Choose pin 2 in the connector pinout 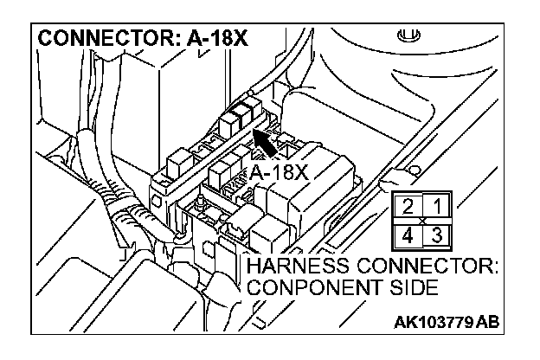tap(407, 206)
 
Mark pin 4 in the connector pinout tap(407, 234)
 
